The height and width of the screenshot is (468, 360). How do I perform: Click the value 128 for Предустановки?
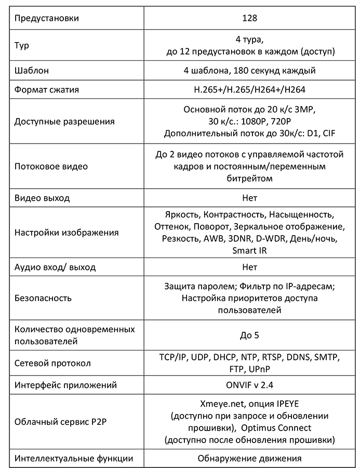(x=249, y=19)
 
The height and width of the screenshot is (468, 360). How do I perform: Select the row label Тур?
(x=22, y=45)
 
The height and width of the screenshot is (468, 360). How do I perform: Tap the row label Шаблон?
(x=32, y=71)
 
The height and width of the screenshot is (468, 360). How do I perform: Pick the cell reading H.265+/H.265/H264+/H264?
(x=249, y=89)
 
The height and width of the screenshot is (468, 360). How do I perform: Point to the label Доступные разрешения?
(x=64, y=122)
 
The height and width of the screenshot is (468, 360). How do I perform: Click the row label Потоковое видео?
(x=51, y=166)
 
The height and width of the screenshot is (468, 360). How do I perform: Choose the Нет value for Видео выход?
(x=249, y=198)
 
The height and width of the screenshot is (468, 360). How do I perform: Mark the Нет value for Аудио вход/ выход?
(x=249, y=267)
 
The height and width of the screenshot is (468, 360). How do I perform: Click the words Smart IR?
(x=250, y=251)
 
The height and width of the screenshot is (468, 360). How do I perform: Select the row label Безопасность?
(x=43, y=298)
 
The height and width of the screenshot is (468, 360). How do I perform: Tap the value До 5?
(x=249, y=335)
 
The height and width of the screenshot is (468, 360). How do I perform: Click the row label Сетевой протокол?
(x=53, y=363)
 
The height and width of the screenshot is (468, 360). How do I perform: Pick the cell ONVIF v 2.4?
(x=249, y=385)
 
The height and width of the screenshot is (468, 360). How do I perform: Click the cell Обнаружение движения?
(x=249, y=459)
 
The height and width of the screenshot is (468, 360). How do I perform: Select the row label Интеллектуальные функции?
(x=73, y=458)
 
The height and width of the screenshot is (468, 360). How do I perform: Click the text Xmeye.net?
(x=221, y=404)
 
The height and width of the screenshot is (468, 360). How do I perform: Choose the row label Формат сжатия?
(x=47, y=89)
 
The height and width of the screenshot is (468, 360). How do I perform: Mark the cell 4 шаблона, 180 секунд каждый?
(x=249, y=71)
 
